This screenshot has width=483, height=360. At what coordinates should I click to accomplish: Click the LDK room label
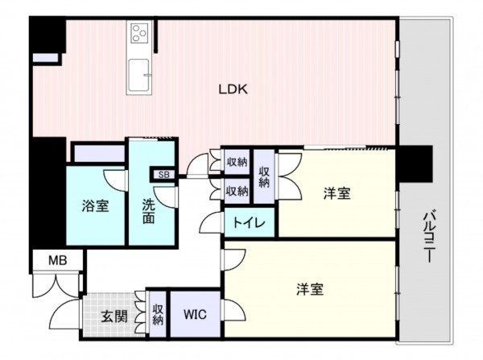point(234,90)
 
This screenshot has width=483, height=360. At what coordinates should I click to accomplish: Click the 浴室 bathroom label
point(95,205)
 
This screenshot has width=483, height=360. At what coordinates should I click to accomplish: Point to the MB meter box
point(56,260)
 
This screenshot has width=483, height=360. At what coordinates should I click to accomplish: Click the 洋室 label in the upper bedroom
point(337,194)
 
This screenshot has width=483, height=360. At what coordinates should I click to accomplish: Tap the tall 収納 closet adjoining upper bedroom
point(264,176)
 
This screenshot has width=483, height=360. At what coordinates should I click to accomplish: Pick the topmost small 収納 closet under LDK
point(236,161)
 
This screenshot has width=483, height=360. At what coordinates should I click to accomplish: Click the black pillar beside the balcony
point(415,163)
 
